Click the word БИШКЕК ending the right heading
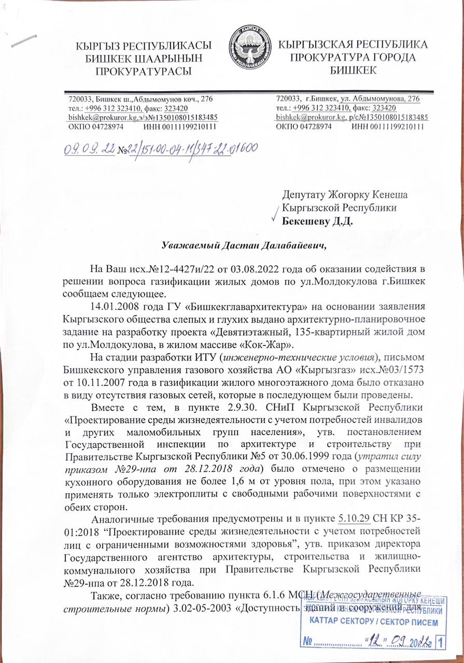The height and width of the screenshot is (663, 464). click(354, 69)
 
